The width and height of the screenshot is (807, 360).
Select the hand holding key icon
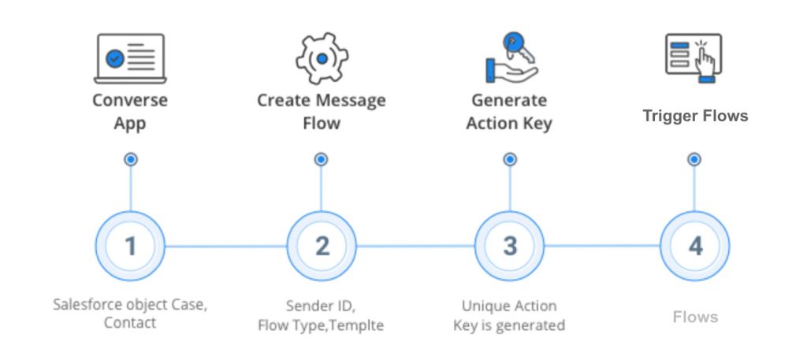(509, 58)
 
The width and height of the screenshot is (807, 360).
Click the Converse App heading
(130, 111)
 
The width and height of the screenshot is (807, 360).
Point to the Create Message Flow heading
(321, 111)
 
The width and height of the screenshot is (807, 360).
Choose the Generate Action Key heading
(509, 111)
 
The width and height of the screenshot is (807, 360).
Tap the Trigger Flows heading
(694, 116)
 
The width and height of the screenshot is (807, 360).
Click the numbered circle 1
(130, 246)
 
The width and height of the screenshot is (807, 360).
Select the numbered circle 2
(322, 246)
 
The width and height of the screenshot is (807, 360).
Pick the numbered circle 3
(510, 246)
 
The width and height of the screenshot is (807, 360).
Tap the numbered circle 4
(694, 246)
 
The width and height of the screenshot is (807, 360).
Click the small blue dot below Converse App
(131, 159)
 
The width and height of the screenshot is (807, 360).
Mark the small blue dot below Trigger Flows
(694, 159)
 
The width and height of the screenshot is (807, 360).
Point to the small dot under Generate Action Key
(510, 159)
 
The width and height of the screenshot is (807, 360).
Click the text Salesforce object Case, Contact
(130, 313)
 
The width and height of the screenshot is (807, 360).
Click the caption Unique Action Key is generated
(509, 315)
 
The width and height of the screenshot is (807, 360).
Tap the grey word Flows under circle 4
(695, 317)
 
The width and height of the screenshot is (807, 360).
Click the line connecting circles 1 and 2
(225, 246)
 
